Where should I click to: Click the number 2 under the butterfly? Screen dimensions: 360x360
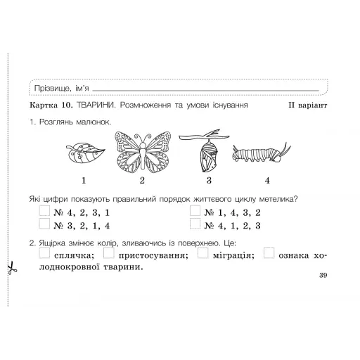point(142,180)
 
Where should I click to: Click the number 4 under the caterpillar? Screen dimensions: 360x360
point(267,180)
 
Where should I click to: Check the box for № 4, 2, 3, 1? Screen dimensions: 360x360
point(44,211)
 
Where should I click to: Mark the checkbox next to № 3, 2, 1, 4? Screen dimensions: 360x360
point(44,225)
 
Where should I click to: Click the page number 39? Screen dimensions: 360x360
point(323,275)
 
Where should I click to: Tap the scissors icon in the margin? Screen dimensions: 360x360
point(12,268)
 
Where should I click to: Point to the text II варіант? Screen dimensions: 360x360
point(308,105)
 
